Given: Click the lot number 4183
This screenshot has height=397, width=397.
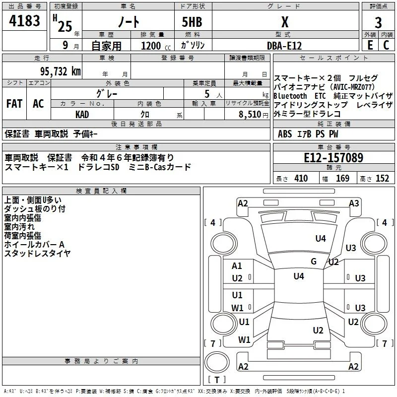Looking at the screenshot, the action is click(x=24, y=21).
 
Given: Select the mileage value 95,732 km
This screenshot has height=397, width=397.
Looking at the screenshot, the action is click(x=61, y=71).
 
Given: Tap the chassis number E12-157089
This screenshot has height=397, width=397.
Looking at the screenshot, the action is click(x=333, y=157).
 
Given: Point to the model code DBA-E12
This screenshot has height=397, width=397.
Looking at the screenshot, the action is click(x=284, y=46).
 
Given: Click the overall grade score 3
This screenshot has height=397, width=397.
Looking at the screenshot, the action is click(x=378, y=23).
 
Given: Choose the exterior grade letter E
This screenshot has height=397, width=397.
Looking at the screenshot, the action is click(x=370, y=45).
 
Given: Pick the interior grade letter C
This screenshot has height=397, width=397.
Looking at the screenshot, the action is click(x=386, y=45).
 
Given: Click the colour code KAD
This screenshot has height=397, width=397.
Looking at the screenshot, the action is click(x=82, y=115).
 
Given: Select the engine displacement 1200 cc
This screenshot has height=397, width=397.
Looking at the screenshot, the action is click(x=156, y=46).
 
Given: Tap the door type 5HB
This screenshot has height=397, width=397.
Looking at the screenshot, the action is click(x=192, y=22).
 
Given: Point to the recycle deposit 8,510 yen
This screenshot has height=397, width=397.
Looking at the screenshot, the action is click(x=254, y=115).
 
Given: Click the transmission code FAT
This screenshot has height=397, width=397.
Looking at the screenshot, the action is click(x=14, y=104).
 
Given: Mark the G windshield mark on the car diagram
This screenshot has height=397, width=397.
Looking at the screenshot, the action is click(x=314, y=262).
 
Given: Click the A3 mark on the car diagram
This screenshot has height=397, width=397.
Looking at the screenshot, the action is click(x=354, y=203).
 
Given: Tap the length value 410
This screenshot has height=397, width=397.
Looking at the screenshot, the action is click(x=301, y=179).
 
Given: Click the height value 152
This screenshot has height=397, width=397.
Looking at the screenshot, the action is click(x=382, y=179).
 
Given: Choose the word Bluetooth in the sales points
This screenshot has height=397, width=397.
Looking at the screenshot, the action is click(x=290, y=96).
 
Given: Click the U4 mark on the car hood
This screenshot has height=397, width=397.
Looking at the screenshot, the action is click(x=321, y=239).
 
